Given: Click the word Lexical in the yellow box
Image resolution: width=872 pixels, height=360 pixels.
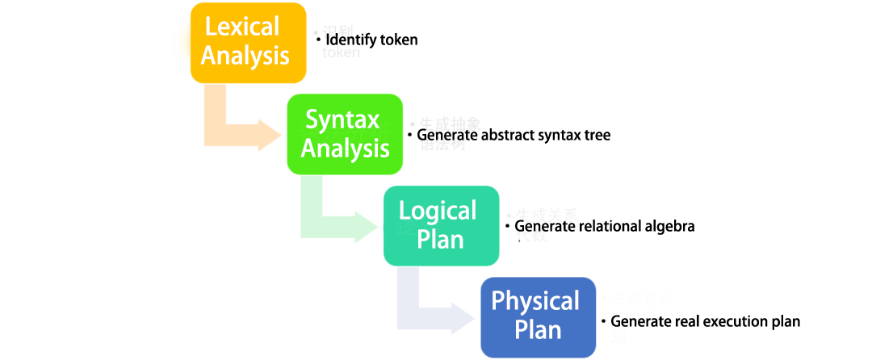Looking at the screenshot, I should click(x=242, y=27).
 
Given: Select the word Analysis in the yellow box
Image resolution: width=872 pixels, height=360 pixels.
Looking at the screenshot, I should click(x=245, y=56).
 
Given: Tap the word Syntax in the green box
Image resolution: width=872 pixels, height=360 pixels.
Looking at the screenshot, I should click(x=342, y=119).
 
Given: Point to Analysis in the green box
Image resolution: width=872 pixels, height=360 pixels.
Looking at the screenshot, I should click(x=345, y=149).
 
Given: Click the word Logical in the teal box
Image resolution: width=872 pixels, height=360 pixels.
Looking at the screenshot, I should click(x=438, y=211).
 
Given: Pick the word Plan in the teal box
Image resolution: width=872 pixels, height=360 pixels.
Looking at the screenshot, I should click(x=441, y=240).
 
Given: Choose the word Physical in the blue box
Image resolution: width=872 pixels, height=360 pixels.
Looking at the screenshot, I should click(x=535, y=302).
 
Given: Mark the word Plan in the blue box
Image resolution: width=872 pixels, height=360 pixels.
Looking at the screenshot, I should click(x=538, y=330).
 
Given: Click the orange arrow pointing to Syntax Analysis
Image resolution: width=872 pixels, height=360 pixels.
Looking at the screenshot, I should click(x=242, y=129).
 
